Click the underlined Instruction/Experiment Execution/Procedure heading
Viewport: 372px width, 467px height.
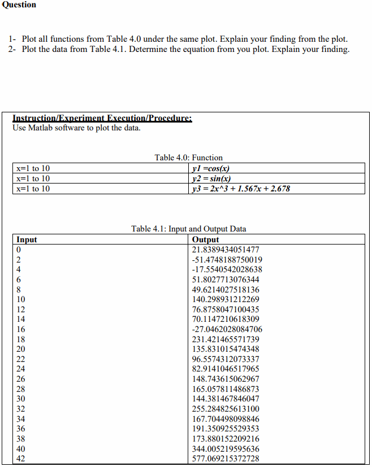(x=102, y=119)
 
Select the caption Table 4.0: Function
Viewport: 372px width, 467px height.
(x=188, y=158)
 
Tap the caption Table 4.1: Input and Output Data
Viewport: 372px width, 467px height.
(x=188, y=229)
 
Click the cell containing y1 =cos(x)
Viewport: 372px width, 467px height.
(x=211, y=168)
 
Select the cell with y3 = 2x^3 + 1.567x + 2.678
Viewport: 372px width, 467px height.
(x=241, y=189)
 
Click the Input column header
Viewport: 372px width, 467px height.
(x=27, y=239)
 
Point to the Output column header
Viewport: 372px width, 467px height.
(x=206, y=239)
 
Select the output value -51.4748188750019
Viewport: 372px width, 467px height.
(x=227, y=260)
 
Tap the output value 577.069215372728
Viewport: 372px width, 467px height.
(x=226, y=459)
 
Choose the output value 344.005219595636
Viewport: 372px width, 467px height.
(x=226, y=448)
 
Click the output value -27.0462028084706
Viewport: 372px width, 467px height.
(x=227, y=329)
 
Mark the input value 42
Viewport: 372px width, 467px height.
(x=21, y=459)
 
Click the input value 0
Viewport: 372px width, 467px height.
(x=19, y=250)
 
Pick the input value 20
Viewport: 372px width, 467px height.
(x=21, y=349)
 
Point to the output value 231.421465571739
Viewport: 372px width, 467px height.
(x=226, y=339)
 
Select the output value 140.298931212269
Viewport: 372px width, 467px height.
(x=226, y=299)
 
